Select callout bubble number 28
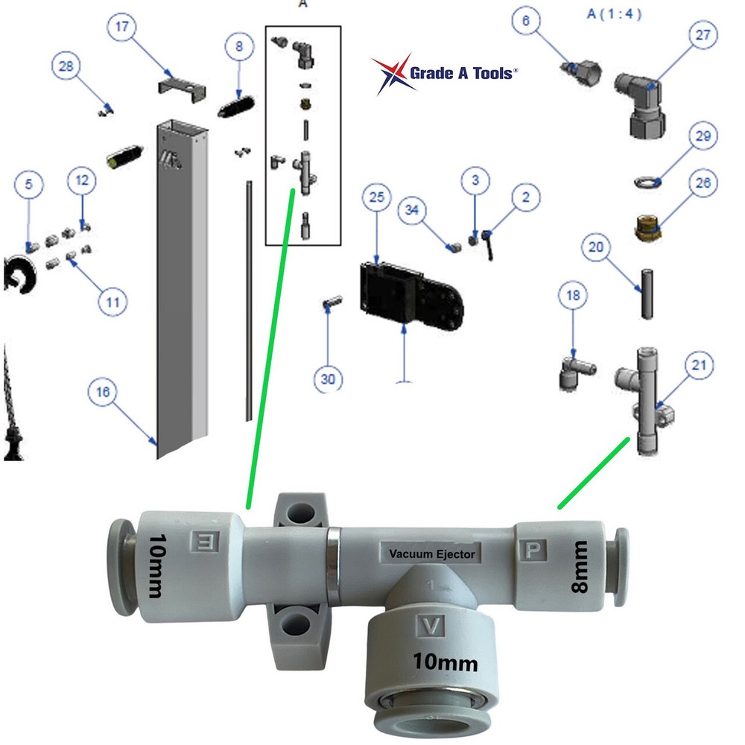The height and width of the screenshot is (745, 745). (x=66, y=67)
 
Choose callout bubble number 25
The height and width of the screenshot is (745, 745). (x=377, y=199)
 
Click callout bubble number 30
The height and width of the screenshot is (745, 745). (x=329, y=380)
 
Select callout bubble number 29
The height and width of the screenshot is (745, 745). (x=703, y=136)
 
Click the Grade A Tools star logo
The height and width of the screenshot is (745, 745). (x=394, y=74)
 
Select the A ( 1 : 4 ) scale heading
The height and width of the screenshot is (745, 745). (x=614, y=13)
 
